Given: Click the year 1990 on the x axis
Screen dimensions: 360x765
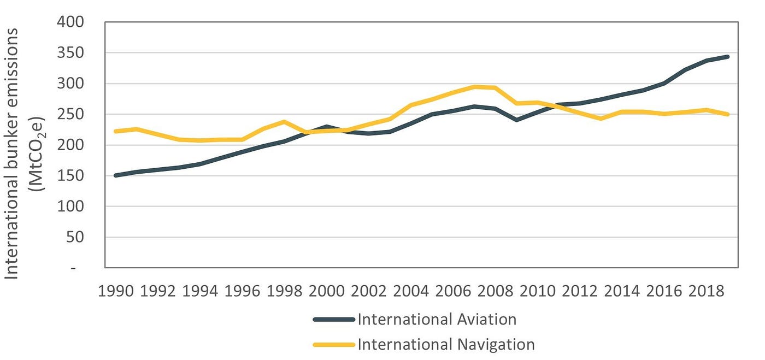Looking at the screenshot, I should (x=116, y=290).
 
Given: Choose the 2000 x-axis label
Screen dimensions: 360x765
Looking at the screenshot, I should (x=326, y=290).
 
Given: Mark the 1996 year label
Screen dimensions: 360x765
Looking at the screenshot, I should (x=242, y=290).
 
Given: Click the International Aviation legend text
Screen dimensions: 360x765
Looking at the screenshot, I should (x=437, y=319).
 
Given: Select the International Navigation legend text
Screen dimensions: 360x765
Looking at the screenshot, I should (x=446, y=344).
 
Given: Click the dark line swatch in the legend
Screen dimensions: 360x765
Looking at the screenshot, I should (x=334, y=320).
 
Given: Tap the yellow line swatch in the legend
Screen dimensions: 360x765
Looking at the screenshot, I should (x=334, y=345).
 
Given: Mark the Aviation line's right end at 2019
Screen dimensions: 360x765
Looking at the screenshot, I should (x=727, y=57).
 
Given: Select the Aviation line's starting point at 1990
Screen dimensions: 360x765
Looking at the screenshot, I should (x=116, y=175).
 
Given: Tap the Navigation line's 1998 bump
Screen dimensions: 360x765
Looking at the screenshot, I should (x=284, y=122).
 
